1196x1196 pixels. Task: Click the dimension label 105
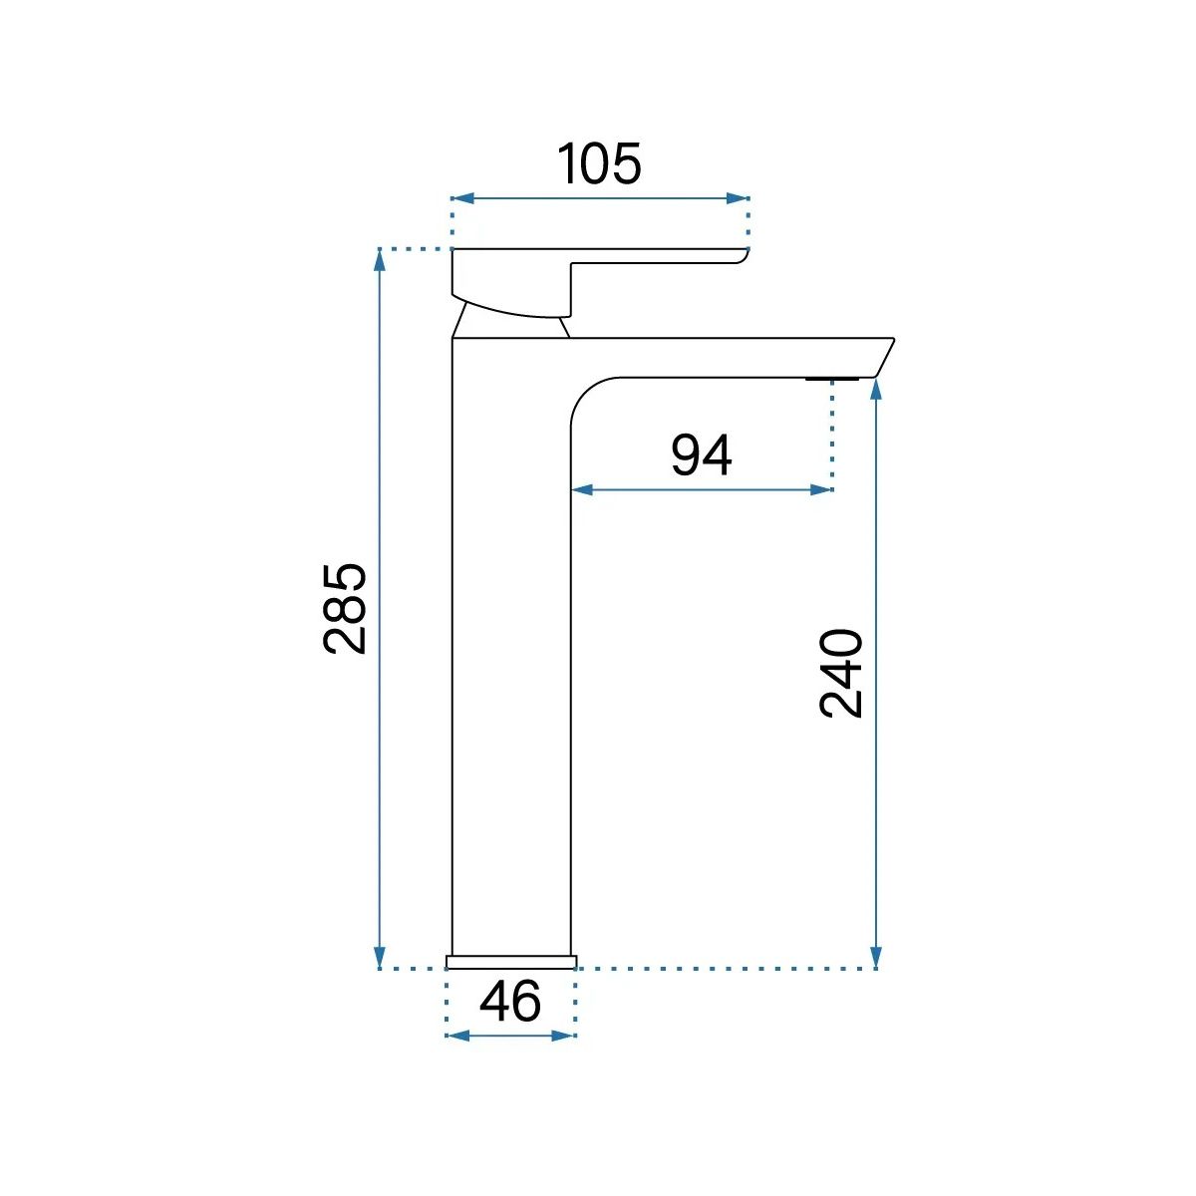coord(600,163)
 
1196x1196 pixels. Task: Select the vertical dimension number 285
coord(345,609)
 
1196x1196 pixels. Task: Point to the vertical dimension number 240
coord(841,674)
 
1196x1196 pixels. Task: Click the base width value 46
coord(510,1001)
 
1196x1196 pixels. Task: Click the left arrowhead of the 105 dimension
coord(462,198)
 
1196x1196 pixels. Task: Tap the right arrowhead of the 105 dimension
coord(738,198)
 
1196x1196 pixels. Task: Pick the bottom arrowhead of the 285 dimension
coord(380,957)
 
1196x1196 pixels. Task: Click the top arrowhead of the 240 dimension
coord(876,390)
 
